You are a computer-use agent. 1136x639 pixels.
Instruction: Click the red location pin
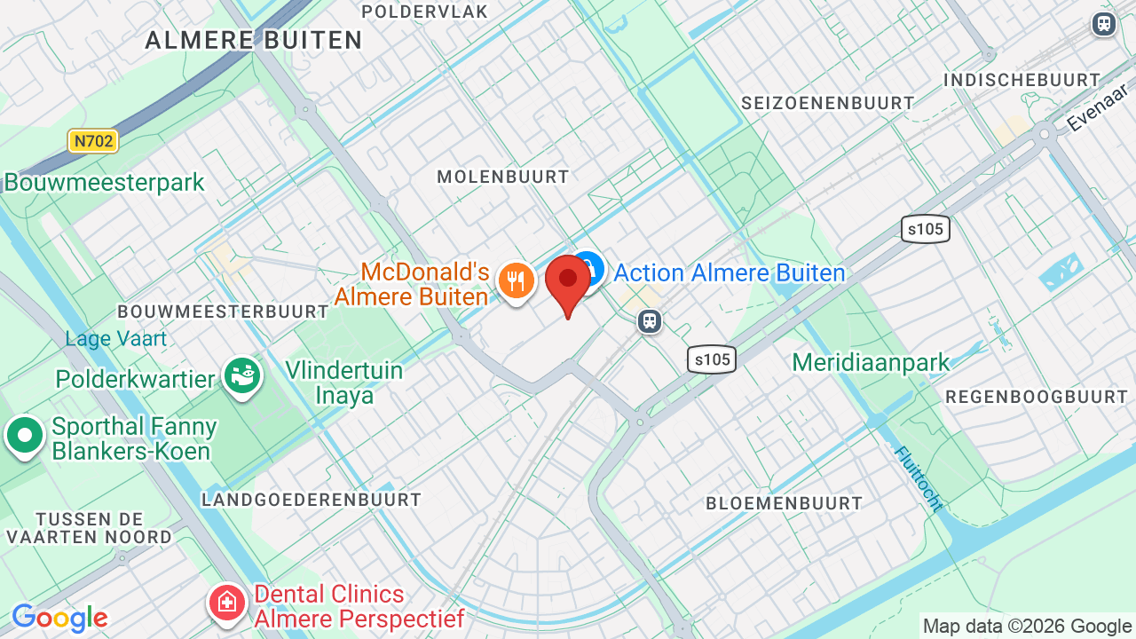(568, 280)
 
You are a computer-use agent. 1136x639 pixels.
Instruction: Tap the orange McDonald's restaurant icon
(516, 281)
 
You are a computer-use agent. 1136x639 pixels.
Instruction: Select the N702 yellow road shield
(93, 140)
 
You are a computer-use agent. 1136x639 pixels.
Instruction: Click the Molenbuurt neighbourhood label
(503, 177)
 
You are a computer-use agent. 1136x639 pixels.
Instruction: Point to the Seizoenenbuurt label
(828, 103)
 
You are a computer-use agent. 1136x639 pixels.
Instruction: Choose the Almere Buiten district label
(254, 40)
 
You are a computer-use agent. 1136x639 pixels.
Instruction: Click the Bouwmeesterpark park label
(105, 183)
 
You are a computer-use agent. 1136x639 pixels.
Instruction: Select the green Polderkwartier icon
(241, 377)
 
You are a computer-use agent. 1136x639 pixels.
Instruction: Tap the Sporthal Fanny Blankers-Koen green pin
(25, 436)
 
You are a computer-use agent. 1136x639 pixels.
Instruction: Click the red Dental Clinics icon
(227, 603)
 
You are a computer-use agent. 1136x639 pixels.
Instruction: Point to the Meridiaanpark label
(871, 362)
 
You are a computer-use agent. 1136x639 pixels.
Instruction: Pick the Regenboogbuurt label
(1037, 397)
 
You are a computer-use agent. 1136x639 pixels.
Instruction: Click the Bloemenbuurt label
(784, 503)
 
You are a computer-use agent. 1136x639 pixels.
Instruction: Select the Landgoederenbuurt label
(312, 500)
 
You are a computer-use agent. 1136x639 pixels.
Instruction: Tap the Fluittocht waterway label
(918, 479)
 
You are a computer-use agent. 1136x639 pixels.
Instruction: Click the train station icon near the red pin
(651, 320)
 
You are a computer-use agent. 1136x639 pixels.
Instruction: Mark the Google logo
(59, 618)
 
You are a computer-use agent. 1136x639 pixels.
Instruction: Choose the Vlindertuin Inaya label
(344, 383)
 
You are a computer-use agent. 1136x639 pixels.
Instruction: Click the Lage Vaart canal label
(116, 338)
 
